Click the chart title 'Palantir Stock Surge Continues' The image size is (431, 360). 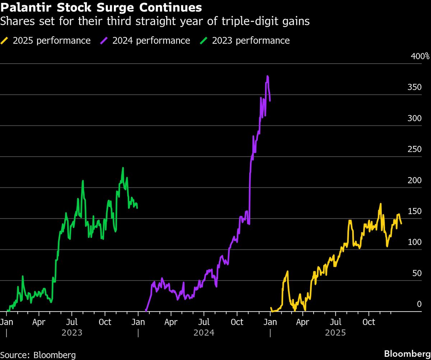pos(101,7)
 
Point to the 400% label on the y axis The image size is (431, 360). pos(420,56)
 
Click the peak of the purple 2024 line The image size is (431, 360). pos(268,76)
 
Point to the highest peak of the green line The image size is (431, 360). pos(123,168)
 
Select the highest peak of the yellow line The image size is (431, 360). pos(380,204)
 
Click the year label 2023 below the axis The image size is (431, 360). pos(72,333)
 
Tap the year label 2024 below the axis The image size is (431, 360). pos(204,333)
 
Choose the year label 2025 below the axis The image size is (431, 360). pos(335,333)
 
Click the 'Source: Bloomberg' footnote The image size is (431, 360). pos(38,355)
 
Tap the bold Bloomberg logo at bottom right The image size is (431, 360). pos(407,354)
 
